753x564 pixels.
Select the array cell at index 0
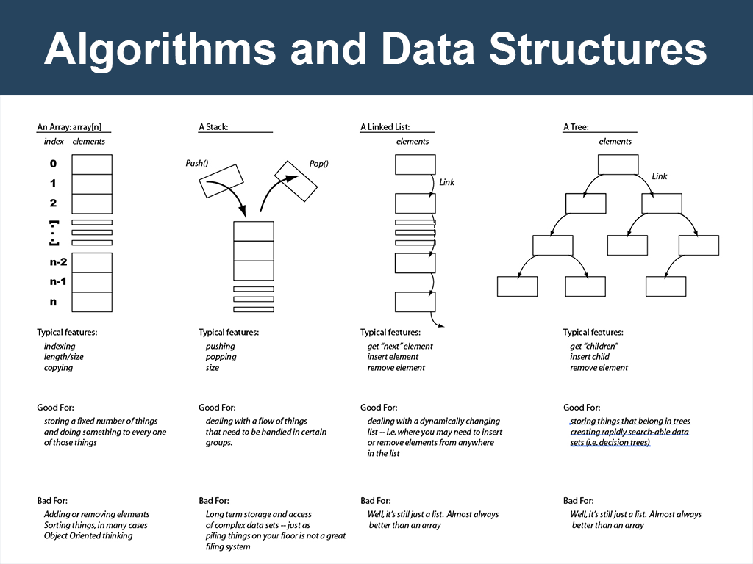tap(92, 164)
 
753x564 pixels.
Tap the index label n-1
tap(58, 281)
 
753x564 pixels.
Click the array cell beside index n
tap(92, 301)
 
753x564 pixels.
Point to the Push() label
tap(197, 164)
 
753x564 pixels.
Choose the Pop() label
tap(318, 164)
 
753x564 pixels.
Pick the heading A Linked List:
tap(385, 127)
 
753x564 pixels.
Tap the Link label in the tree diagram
tap(660, 176)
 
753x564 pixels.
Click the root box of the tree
tap(618, 164)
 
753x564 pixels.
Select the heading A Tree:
tap(576, 127)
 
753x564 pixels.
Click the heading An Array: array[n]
tap(74, 127)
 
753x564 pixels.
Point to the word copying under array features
tap(58, 368)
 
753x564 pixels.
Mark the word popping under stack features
tap(221, 357)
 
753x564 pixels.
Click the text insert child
tap(590, 357)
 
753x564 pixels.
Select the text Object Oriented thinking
tap(88, 535)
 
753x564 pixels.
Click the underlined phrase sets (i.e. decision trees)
tap(610, 443)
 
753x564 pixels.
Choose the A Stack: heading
tap(213, 127)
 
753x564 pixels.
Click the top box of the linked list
tap(415, 164)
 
